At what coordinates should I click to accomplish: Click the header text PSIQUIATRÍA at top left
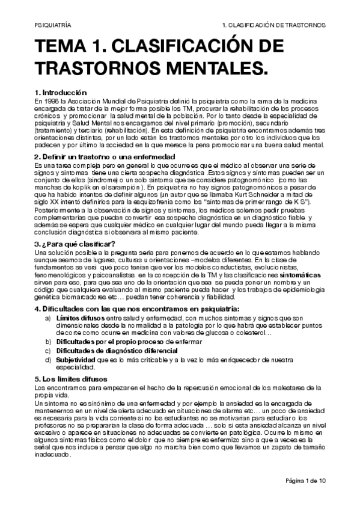(50, 26)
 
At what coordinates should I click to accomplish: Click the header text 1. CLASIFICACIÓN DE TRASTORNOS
(273, 26)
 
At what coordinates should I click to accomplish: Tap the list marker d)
(47, 359)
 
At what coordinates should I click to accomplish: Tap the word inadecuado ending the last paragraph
(53, 454)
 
